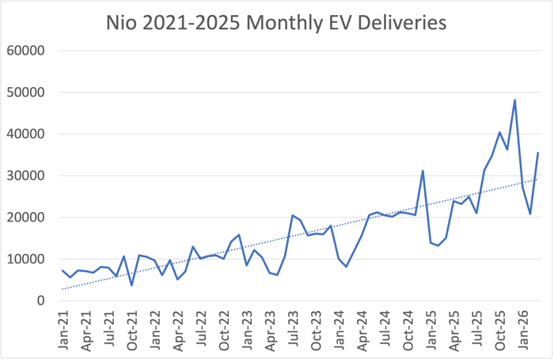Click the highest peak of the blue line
coord(515,100)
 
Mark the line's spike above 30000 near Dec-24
coord(423,171)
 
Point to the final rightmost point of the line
coord(538,153)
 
